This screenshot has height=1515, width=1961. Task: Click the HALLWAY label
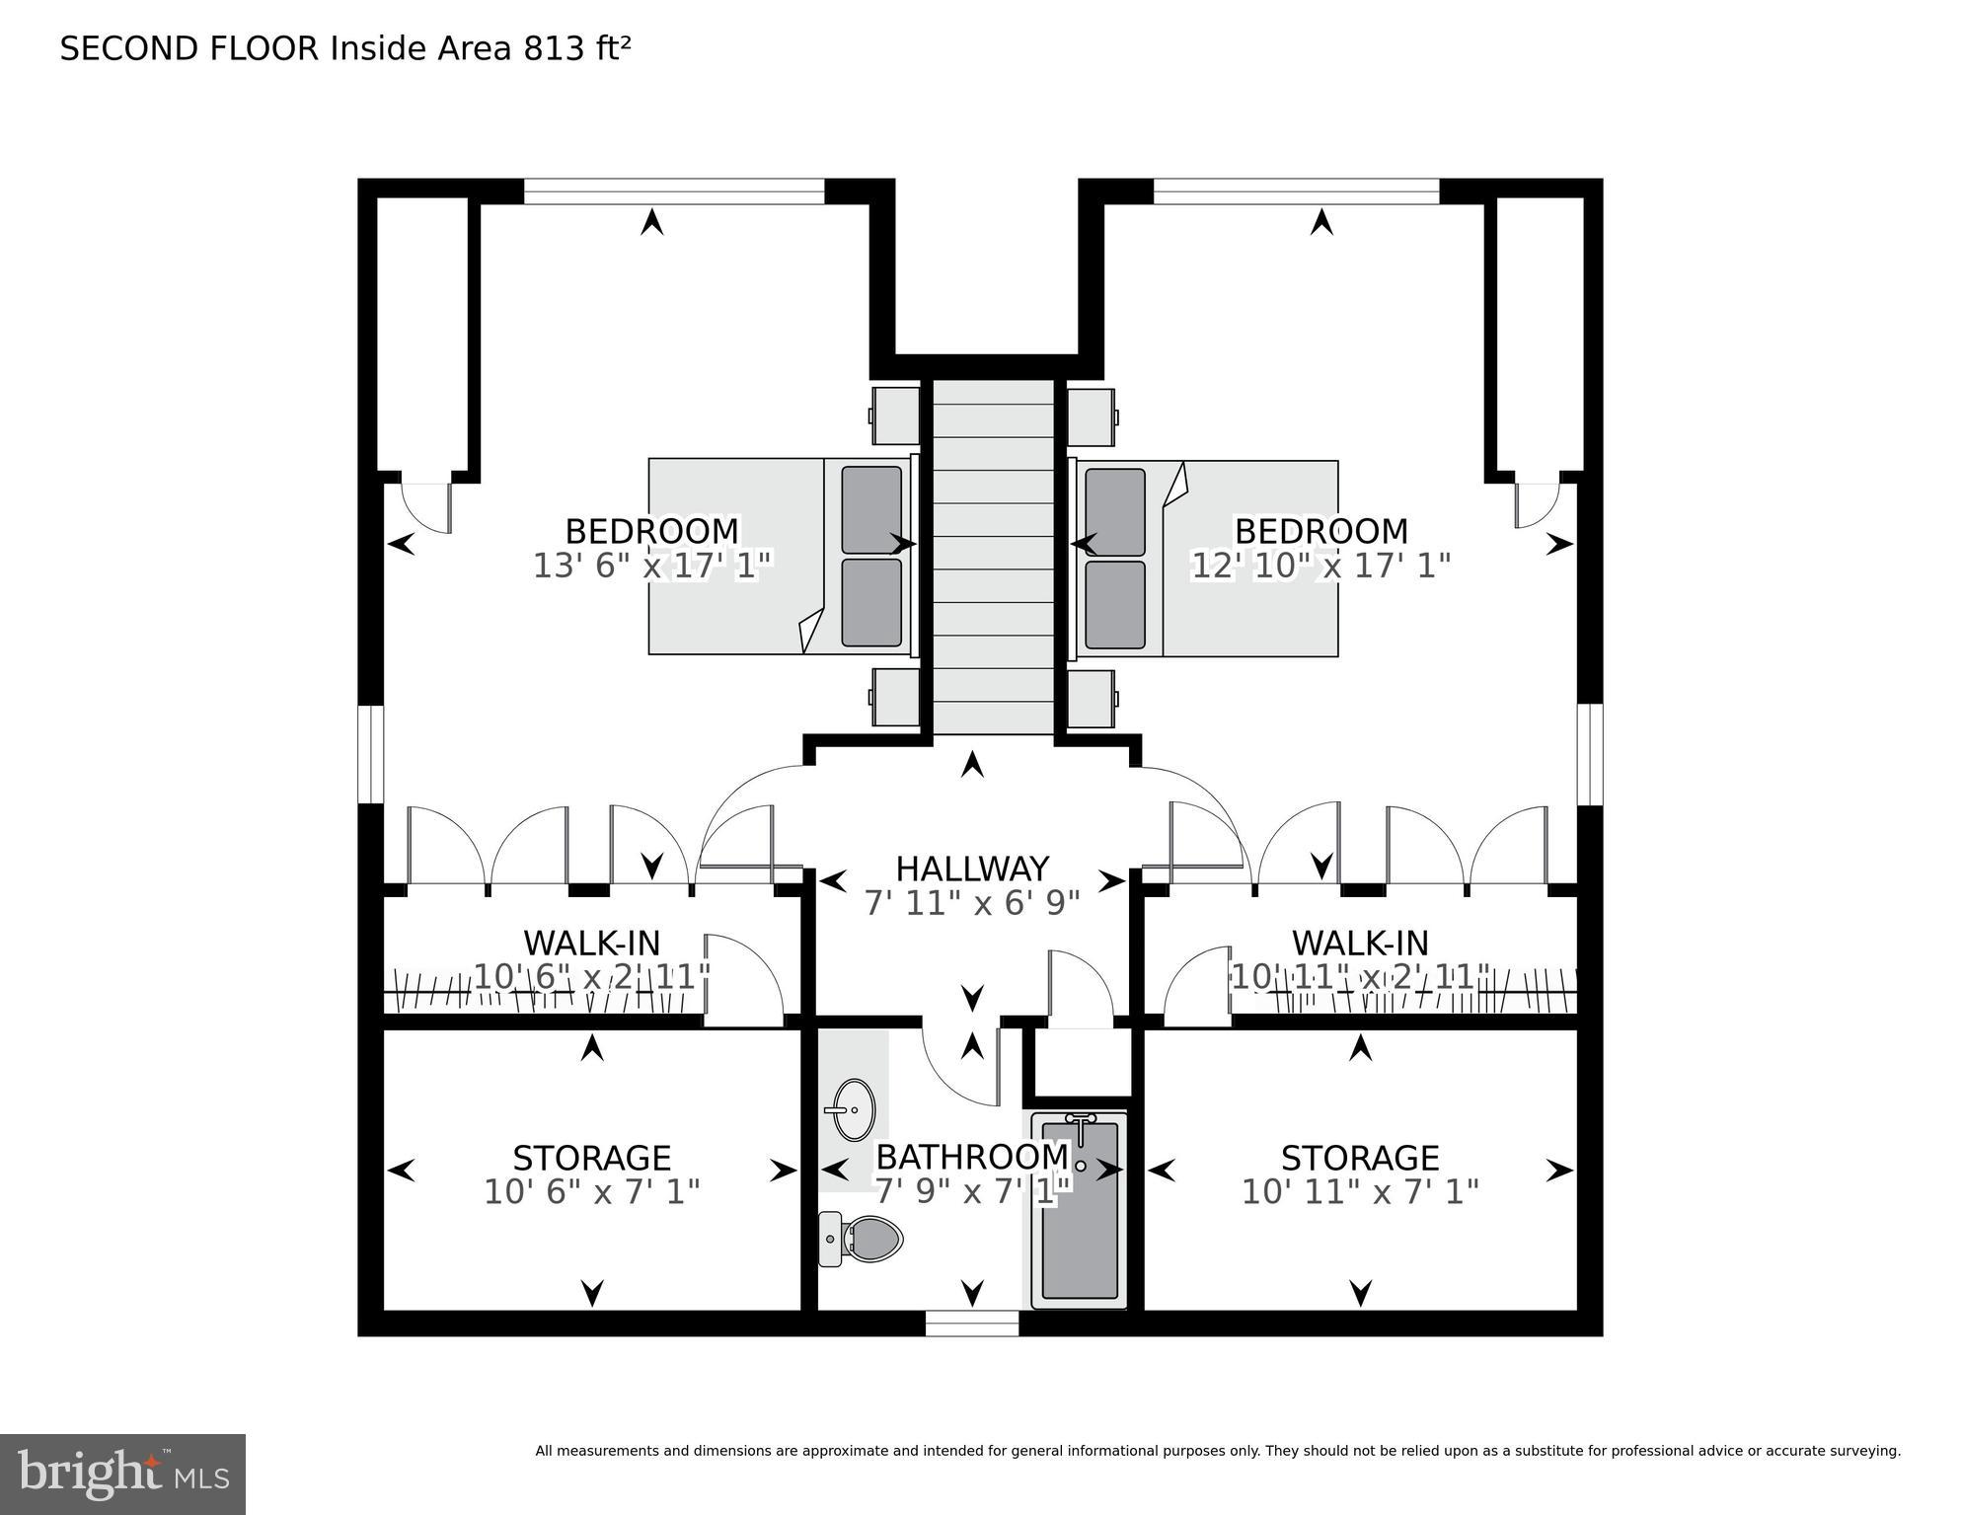click(x=972, y=869)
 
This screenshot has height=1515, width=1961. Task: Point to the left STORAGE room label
click(x=591, y=1157)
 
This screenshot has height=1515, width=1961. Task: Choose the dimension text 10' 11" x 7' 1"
click(x=1360, y=1192)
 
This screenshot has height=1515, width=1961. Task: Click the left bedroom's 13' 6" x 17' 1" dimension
click(x=651, y=566)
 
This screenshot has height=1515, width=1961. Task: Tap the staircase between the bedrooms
click(x=994, y=558)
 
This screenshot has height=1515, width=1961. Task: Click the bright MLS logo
click(x=122, y=1475)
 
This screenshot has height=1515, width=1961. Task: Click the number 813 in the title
click(x=553, y=48)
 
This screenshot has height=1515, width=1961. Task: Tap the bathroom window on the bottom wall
click(x=972, y=1323)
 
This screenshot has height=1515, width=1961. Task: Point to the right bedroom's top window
click(x=1296, y=191)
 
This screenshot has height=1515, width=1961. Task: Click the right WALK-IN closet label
click(x=1360, y=943)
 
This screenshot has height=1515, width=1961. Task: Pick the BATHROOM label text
click(x=972, y=1156)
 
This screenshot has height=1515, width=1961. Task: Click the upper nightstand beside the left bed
click(x=894, y=416)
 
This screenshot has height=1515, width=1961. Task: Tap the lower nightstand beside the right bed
click(x=1092, y=699)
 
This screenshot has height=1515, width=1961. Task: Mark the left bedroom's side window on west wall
click(x=370, y=754)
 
